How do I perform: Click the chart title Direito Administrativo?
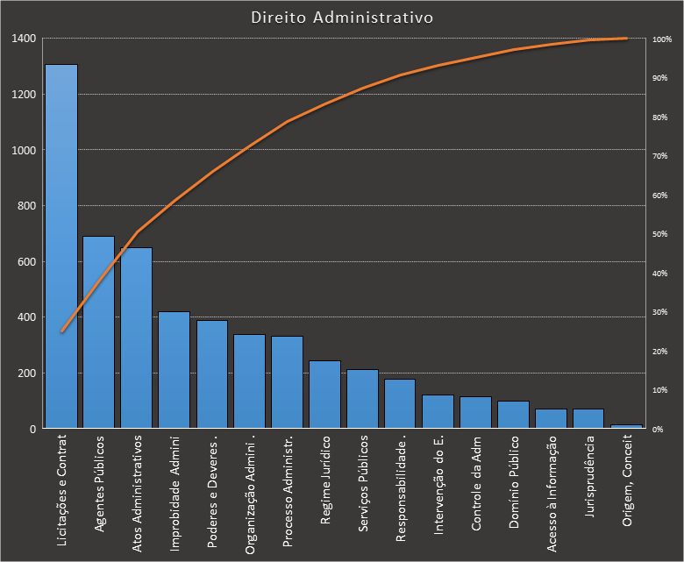(x=341, y=18)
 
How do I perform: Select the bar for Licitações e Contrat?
(x=61, y=246)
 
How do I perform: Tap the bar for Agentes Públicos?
(x=98, y=332)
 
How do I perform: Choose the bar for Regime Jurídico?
(x=324, y=395)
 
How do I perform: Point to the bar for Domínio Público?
(x=513, y=415)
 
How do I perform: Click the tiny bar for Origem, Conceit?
(x=626, y=426)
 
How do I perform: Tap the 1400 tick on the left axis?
(x=24, y=39)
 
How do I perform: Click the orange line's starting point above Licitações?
(x=61, y=331)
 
